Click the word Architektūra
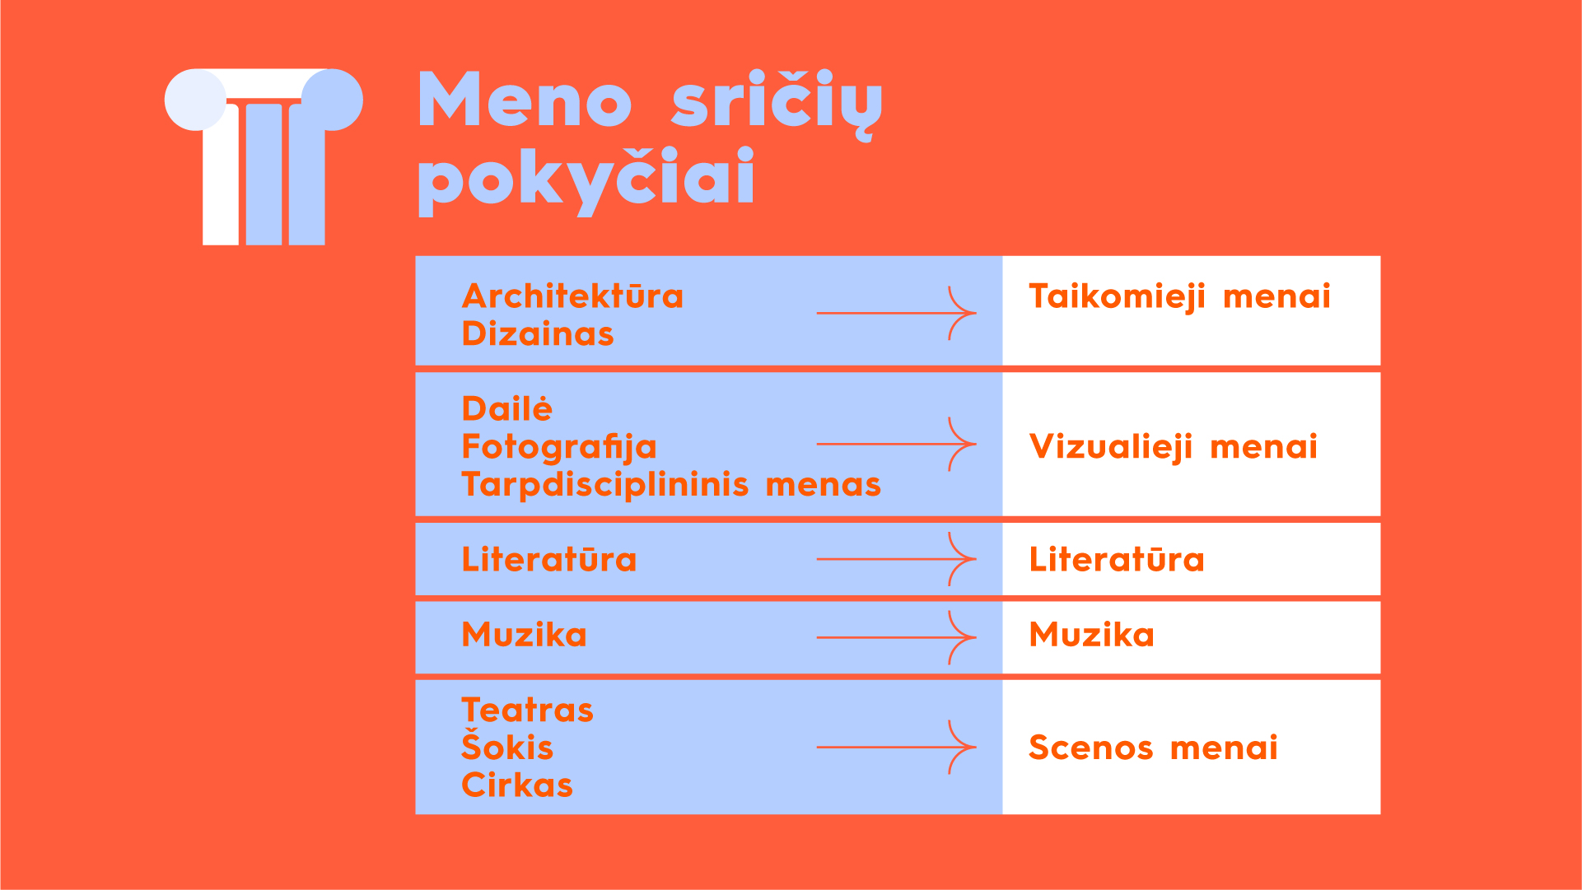572,296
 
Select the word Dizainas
538,334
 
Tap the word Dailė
506,408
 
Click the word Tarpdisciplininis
605,485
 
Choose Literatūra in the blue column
549,560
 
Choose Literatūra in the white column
1117,560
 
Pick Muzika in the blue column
525,635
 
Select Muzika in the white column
1092,635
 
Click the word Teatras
527,711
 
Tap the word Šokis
507,745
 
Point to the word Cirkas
517,785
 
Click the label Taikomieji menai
1179,297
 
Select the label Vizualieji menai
1174,448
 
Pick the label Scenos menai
1153,748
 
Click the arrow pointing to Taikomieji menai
896,313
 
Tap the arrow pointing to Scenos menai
896,748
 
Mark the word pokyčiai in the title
587,180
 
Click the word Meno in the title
525,100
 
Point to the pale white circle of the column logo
195,100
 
